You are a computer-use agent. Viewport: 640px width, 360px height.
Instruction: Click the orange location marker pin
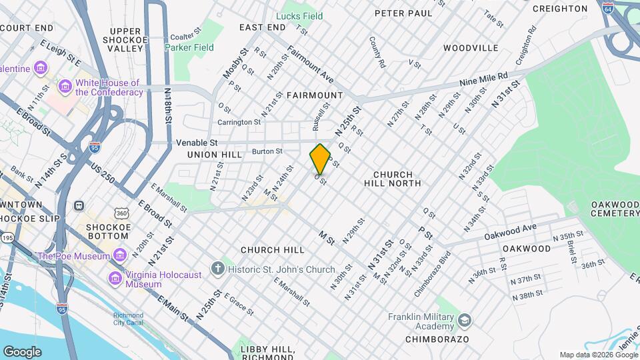pos(320,159)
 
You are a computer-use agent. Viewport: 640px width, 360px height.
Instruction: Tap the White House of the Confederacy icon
pos(65,87)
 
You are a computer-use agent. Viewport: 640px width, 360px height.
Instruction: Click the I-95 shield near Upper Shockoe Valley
pos(95,145)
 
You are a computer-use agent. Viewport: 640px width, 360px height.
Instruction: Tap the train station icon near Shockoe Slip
pos(79,206)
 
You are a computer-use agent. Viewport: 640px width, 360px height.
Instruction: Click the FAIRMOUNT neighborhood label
pos(314,95)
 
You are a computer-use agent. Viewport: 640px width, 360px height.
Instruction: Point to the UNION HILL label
pos(215,155)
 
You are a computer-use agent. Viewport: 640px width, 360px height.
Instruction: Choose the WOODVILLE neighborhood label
pos(471,48)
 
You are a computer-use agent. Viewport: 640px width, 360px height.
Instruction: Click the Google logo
pos(22,351)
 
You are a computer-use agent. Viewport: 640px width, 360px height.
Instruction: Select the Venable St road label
pos(197,143)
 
